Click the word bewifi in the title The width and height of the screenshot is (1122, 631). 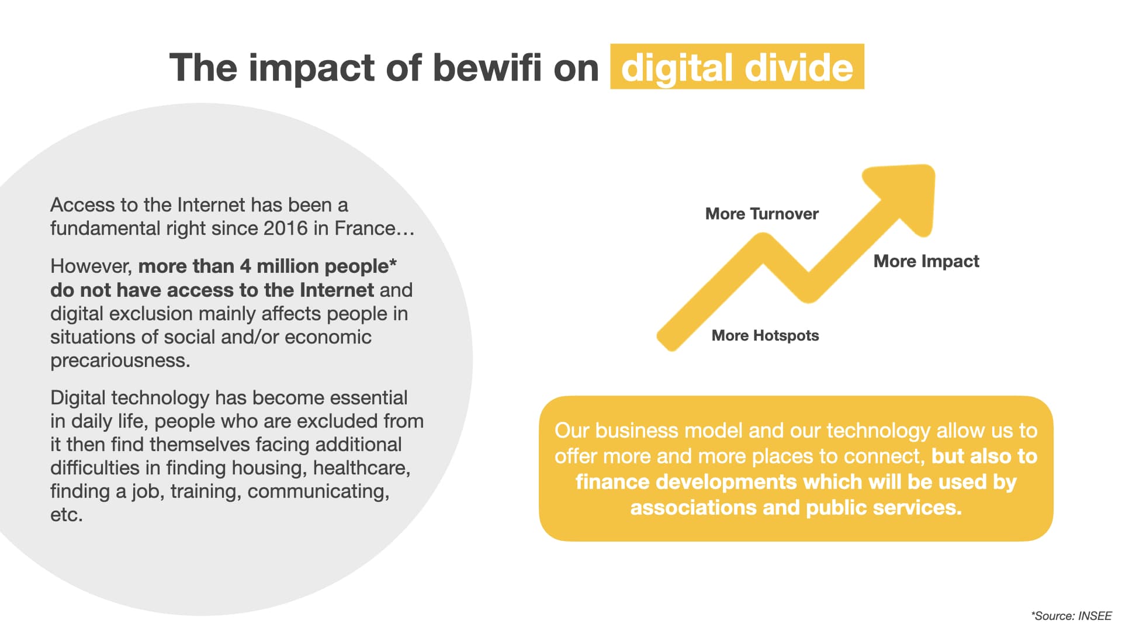pyautogui.click(x=487, y=67)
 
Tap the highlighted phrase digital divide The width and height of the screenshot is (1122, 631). pyautogui.click(x=737, y=67)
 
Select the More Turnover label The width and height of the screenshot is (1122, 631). pyautogui.click(x=761, y=214)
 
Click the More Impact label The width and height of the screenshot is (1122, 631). pyautogui.click(x=926, y=261)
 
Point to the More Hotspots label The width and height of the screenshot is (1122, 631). pyautogui.click(x=765, y=335)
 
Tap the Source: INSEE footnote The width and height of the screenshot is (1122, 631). pyautogui.click(x=1071, y=616)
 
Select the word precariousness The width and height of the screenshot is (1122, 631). pyautogui.click(x=120, y=360)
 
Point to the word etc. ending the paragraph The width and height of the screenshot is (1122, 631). pyautogui.click(x=67, y=515)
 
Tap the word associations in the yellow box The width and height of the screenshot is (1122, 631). pyautogui.click(x=693, y=508)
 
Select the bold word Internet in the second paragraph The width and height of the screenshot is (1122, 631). pyautogui.click(x=337, y=290)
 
